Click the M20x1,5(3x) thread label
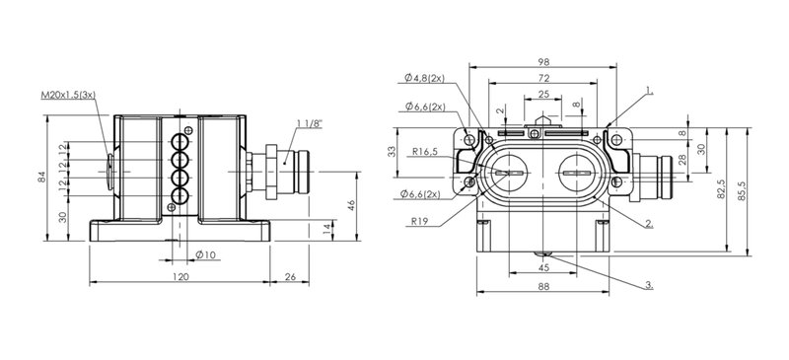click(68, 95)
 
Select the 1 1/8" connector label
click(310, 123)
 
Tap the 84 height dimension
click(42, 177)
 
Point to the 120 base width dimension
click(180, 276)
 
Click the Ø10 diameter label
click(205, 254)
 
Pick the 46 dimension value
click(351, 205)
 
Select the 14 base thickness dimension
click(327, 230)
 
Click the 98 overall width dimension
click(543, 62)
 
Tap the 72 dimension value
click(543, 78)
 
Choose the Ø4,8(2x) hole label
click(424, 78)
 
